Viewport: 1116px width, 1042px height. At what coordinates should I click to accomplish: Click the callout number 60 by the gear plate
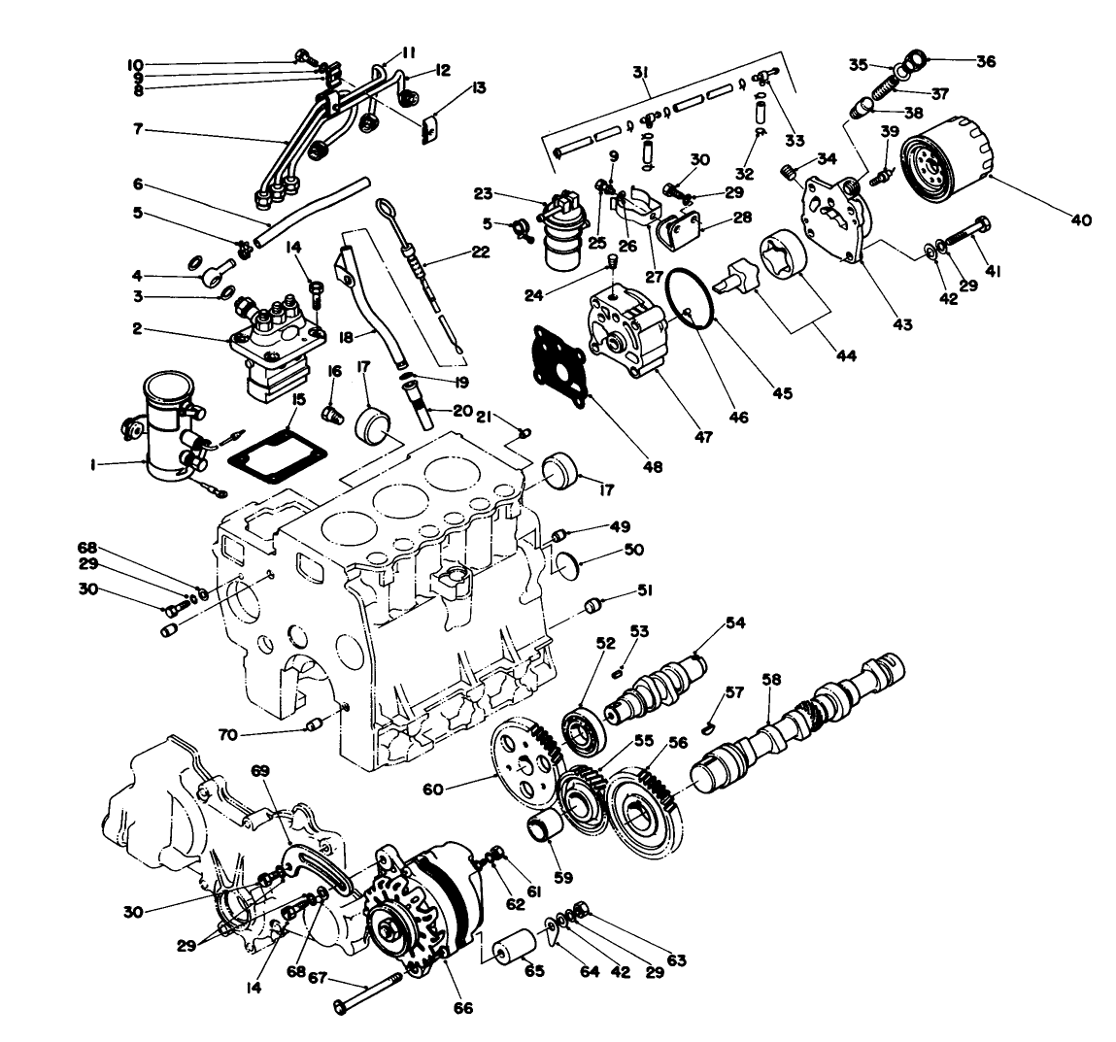coord(433,790)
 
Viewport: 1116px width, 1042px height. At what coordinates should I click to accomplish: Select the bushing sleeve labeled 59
coord(539,832)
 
